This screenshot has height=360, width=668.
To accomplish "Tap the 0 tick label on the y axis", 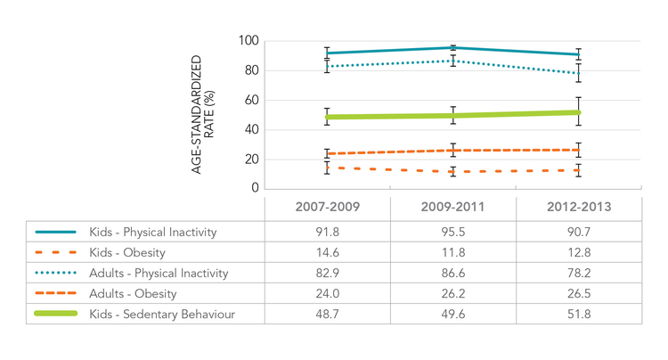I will [x=254, y=189].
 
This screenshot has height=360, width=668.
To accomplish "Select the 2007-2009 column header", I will [x=327, y=209].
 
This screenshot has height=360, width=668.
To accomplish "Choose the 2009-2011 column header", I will [x=453, y=209].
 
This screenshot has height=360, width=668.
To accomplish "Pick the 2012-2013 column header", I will [x=579, y=209].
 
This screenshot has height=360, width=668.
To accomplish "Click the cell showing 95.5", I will [x=453, y=231].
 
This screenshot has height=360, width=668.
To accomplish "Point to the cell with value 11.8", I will [x=453, y=251].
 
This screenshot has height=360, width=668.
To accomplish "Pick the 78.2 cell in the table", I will [x=579, y=273].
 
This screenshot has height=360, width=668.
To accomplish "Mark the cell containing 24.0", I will [x=327, y=293].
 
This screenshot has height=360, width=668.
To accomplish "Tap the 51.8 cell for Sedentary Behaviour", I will [x=579, y=314].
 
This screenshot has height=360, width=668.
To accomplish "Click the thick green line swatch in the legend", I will [x=56, y=314].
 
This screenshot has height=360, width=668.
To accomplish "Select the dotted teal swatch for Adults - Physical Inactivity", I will [x=56, y=273].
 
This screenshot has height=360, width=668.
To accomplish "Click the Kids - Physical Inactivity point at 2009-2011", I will [x=453, y=47].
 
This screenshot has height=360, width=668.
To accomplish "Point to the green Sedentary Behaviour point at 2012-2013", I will [x=579, y=112].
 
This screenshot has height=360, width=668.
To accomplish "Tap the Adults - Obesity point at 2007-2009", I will [x=327, y=153].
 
